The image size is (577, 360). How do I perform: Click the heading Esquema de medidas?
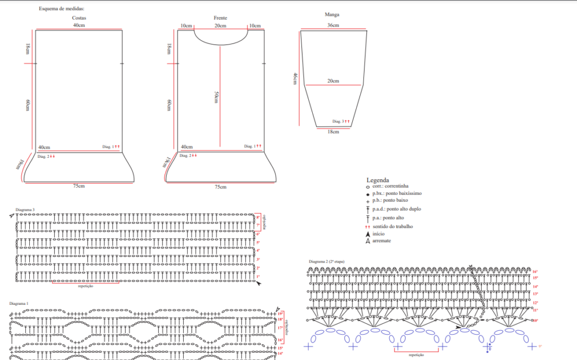[x=65, y=9]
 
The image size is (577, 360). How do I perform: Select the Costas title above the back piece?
[x=79, y=18]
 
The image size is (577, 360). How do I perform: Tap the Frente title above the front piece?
[x=220, y=18]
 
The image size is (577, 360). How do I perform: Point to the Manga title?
[x=332, y=14]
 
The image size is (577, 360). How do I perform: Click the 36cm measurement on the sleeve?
[x=333, y=26]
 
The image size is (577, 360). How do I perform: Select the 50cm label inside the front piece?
[x=217, y=97]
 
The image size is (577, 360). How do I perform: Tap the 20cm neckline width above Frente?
[x=220, y=26]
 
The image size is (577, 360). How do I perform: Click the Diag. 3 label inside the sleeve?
[x=338, y=122]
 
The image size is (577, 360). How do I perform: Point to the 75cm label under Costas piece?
[x=79, y=186]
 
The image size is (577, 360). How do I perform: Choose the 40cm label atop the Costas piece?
[x=79, y=26]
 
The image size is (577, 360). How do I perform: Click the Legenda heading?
[x=378, y=180]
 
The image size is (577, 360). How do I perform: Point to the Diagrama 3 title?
[x=25, y=210]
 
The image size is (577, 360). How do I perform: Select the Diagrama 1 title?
[x=19, y=303]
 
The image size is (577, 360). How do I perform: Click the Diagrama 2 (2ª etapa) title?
[x=326, y=261]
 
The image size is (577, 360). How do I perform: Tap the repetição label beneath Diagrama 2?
[x=416, y=355]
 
